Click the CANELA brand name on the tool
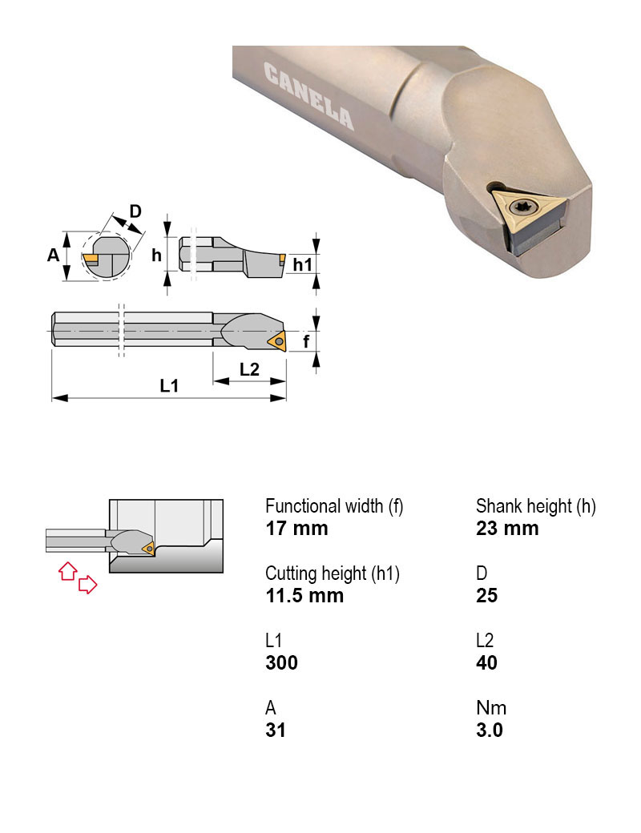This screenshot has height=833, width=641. (308, 97)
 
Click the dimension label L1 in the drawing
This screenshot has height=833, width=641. (168, 386)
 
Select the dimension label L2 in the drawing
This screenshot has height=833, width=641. (250, 369)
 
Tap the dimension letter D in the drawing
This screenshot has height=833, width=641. (135, 211)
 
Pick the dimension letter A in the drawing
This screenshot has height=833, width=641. (53, 255)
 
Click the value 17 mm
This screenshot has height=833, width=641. (296, 528)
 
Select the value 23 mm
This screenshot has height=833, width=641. (507, 528)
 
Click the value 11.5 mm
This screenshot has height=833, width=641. (304, 595)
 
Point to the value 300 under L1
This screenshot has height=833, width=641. (281, 662)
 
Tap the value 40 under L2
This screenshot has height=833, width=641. (486, 662)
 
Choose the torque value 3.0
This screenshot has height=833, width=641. (489, 730)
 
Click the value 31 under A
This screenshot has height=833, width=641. (276, 730)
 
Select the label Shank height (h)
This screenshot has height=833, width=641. (535, 506)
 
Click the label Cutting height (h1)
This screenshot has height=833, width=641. (333, 573)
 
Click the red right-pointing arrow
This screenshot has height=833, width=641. (87, 586)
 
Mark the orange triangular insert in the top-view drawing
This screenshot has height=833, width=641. (276, 341)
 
